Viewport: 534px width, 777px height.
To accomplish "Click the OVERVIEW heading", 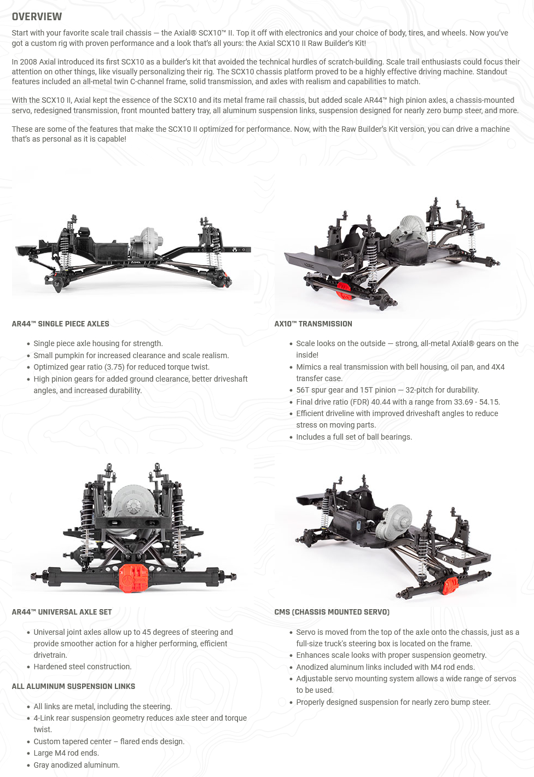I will pyautogui.click(x=37, y=16).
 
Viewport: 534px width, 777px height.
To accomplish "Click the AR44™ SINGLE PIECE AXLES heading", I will pyautogui.click(x=60, y=324).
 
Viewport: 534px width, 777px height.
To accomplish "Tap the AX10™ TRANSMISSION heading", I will pyautogui.click(x=313, y=324).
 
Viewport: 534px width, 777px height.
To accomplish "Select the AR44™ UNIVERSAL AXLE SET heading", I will pyautogui.click(x=62, y=612).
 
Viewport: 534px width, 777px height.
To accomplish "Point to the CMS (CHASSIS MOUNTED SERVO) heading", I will pyautogui.click(x=332, y=612).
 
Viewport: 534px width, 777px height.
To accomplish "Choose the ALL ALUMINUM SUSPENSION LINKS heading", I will pyautogui.click(x=73, y=686).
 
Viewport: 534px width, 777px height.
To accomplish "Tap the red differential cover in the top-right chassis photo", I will pyautogui.click(x=344, y=291).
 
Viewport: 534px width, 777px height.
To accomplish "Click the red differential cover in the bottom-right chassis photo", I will pyautogui.click(x=450, y=585).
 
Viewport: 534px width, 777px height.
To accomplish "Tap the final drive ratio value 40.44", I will pyautogui.click(x=382, y=402).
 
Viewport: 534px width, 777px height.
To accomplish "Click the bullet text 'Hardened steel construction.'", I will pyautogui.click(x=82, y=667).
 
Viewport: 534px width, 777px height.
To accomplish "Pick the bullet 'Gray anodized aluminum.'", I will pyautogui.click(x=76, y=765).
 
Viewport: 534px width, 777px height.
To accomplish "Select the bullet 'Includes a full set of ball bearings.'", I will pyautogui.click(x=354, y=437).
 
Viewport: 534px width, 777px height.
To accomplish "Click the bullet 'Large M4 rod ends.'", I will pyautogui.click(x=66, y=753).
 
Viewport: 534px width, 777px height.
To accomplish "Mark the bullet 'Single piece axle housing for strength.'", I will pyautogui.click(x=98, y=343).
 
